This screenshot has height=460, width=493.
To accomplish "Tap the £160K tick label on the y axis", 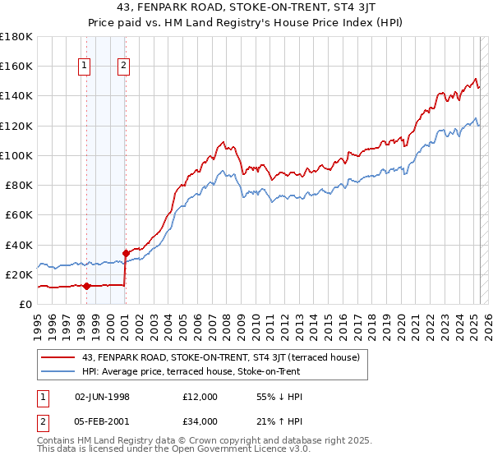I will pyautogui.click(x=16, y=66).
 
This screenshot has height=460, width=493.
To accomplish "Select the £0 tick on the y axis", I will pyautogui.click(x=25, y=304).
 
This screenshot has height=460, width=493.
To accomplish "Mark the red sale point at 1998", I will pyautogui.click(x=86, y=286).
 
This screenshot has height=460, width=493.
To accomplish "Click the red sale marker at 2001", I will pyautogui.click(x=125, y=253).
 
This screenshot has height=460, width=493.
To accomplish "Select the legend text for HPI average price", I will pyautogui.click(x=191, y=371).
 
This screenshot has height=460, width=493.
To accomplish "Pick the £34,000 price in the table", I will pyautogui.click(x=200, y=421).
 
